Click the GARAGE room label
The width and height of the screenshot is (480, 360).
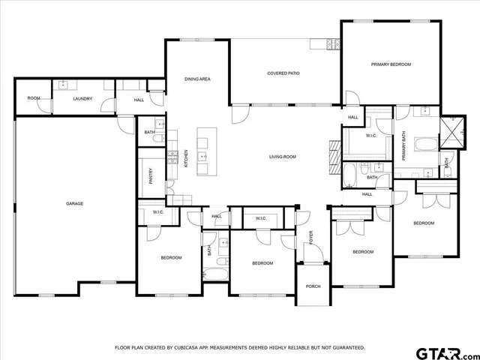[x=74, y=203]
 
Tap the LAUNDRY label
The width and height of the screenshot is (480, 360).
[x=82, y=98]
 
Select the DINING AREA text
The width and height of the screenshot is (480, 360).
[x=197, y=79]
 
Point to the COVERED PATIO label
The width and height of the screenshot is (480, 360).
[x=283, y=73]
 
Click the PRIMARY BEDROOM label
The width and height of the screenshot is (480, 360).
[x=391, y=64]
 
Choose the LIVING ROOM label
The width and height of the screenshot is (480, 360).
[x=283, y=157]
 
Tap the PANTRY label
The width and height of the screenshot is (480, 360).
[x=151, y=176]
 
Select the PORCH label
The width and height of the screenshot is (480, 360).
[x=313, y=286]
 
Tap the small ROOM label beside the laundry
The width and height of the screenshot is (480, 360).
[x=34, y=98]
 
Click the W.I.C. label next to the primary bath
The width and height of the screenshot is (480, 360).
[x=371, y=136]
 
